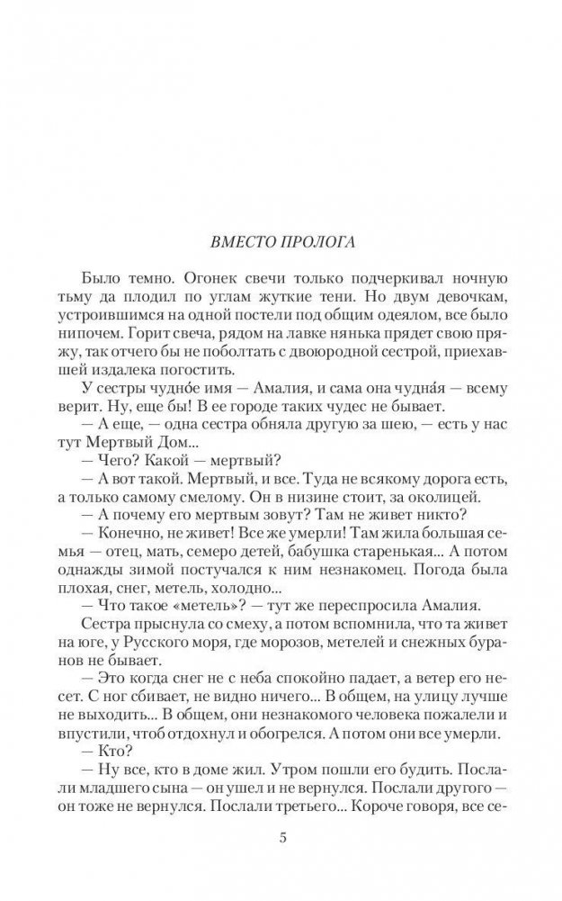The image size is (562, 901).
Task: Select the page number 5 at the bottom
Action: tap(282, 839)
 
